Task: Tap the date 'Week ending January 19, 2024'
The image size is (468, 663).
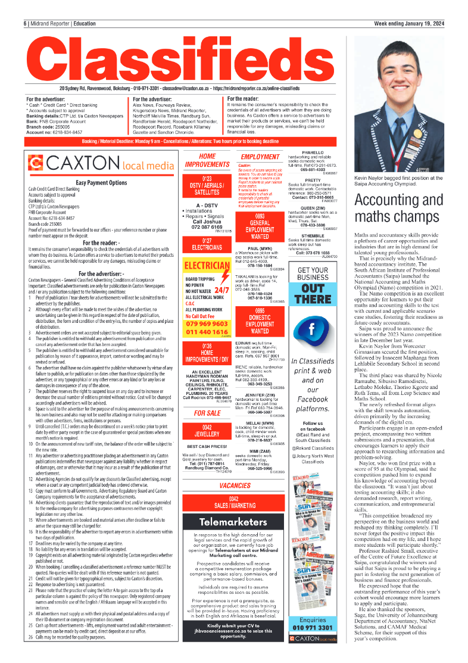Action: pos(408,23)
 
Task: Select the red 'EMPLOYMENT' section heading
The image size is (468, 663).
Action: pos(260,157)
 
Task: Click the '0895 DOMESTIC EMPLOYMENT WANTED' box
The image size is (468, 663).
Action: pos(260,320)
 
